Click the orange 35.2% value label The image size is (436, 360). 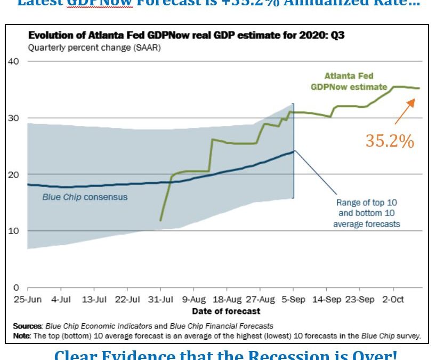(x=389, y=140)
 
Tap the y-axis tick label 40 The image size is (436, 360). (x=13, y=61)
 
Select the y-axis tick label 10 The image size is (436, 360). (x=13, y=231)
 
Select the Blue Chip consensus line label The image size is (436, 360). (x=85, y=197)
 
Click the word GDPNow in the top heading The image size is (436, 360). (x=99, y=3)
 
